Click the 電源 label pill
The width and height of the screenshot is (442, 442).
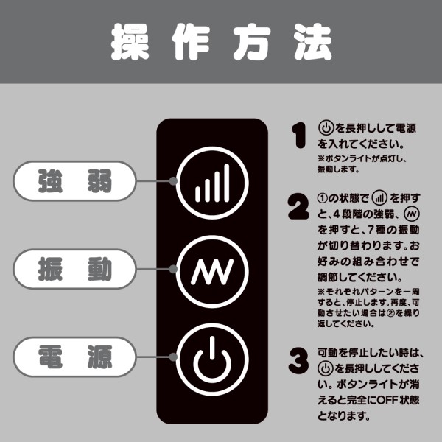(x=74, y=359)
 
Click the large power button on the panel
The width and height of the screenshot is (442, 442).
(x=211, y=363)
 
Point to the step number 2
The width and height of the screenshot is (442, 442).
(x=298, y=207)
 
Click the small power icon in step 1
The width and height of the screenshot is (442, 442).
(x=326, y=126)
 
